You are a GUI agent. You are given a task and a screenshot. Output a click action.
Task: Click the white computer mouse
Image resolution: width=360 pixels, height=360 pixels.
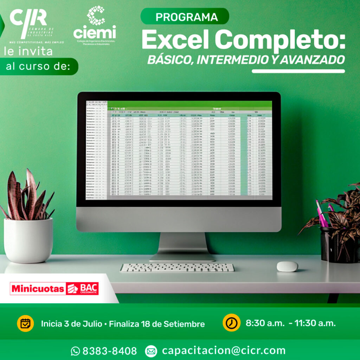287,266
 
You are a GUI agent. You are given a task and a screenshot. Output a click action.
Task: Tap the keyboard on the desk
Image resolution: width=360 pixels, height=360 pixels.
177,268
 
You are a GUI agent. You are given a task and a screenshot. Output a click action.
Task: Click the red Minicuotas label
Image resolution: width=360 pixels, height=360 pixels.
38,289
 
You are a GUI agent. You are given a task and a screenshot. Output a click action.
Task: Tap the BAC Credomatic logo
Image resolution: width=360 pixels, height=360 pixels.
83,289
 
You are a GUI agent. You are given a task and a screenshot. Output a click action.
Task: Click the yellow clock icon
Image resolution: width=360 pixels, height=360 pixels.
231,323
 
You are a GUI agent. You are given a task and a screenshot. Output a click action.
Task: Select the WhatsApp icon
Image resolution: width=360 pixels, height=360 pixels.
75,351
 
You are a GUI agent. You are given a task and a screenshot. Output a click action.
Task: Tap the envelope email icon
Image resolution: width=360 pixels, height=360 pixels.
151,351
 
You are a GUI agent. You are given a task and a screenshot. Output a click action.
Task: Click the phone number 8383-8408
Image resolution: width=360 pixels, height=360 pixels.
109,351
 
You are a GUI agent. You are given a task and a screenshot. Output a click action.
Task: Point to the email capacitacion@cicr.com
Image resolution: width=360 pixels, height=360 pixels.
224,350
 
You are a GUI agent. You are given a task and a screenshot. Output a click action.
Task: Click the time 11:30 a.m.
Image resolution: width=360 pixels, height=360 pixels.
315,323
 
